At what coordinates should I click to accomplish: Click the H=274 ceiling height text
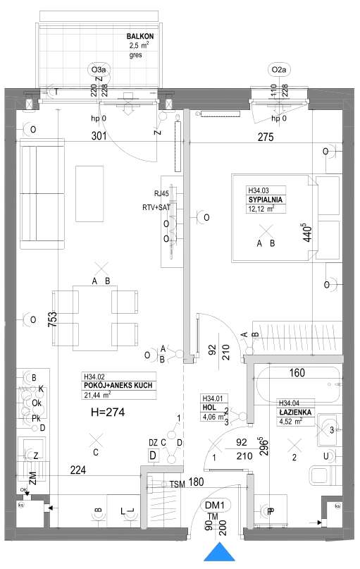click(108, 412)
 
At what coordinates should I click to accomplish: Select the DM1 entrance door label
click(214, 505)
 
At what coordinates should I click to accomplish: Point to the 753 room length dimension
click(51, 319)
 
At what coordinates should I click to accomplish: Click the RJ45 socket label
click(161, 192)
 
